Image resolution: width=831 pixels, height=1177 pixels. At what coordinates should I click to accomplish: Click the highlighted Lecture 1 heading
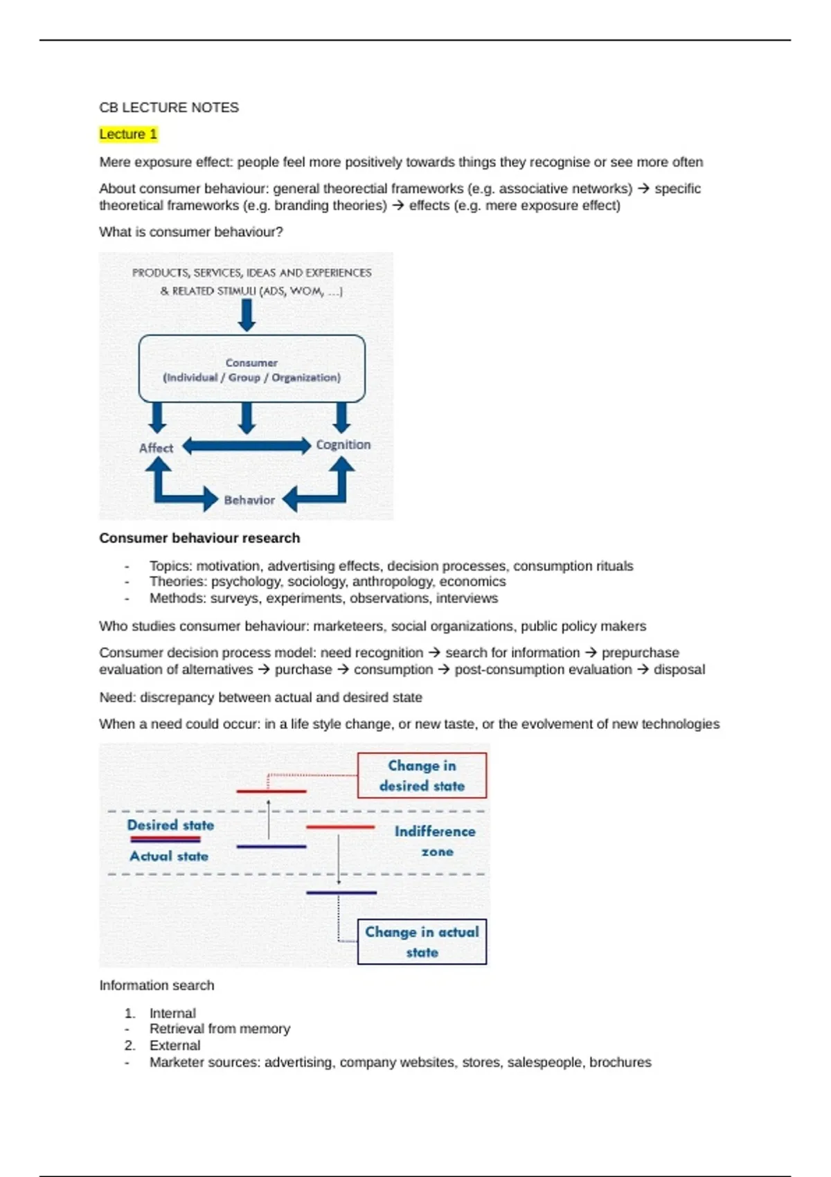[x=128, y=134]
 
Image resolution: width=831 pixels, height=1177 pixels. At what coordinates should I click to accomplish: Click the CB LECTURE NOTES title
[x=169, y=107]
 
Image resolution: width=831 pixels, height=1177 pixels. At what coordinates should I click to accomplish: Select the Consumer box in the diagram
[x=251, y=369]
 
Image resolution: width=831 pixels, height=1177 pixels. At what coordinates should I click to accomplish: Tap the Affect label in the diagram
[x=156, y=448]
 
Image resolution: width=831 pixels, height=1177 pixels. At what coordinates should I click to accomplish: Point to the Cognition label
[x=343, y=444]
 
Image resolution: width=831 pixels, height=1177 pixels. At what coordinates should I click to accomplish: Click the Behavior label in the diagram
[x=249, y=500]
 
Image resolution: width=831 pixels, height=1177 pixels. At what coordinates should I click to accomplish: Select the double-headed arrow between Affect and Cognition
[x=247, y=446]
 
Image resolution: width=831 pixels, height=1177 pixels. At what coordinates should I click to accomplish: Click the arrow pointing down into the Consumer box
[x=247, y=316]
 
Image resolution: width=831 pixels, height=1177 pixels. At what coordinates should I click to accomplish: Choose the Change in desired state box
[x=422, y=775]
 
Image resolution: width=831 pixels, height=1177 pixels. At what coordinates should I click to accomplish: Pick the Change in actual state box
[x=422, y=942]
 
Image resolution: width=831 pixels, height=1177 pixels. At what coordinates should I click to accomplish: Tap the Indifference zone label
[x=435, y=841]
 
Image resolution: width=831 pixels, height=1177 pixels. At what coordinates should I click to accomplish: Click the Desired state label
[x=170, y=825]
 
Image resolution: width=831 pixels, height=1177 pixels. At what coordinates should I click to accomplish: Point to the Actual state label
[x=169, y=856]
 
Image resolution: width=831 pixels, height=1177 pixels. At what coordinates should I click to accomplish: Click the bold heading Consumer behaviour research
[x=199, y=538]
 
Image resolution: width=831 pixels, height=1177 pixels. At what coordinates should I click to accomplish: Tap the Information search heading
[x=157, y=985]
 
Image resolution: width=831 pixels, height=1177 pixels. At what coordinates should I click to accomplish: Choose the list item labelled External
[x=175, y=1045]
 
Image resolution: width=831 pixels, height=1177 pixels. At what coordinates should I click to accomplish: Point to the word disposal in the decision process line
[x=679, y=670]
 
